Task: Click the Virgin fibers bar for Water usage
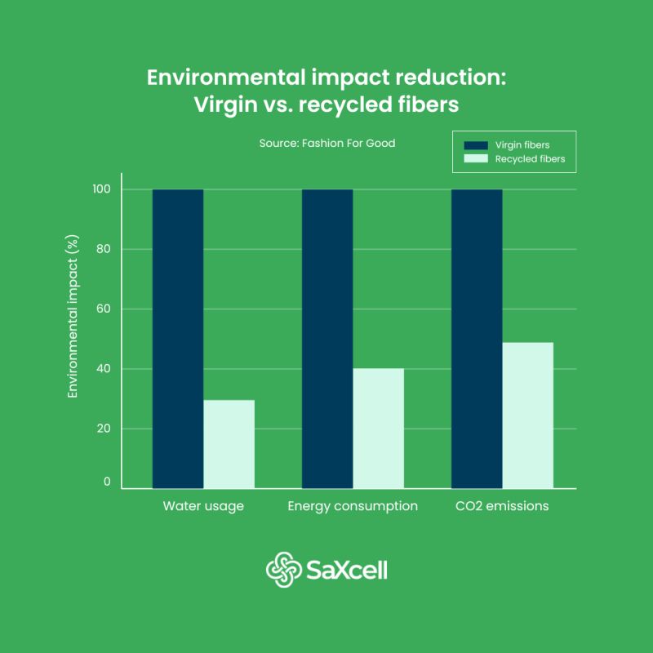click(178, 339)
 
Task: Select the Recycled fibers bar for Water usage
click(229, 444)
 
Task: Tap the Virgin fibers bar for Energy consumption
click(327, 339)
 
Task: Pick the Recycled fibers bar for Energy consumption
click(378, 429)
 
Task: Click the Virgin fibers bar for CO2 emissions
click(477, 339)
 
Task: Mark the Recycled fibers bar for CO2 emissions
click(527, 415)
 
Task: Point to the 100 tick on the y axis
click(102, 189)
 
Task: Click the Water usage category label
click(203, 506)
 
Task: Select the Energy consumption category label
click(353, 506)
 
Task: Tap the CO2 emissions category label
click(502, 506)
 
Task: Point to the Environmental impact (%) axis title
click(73, 317)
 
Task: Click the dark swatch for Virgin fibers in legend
click(475, 145)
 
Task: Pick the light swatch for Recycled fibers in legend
click(475, 159)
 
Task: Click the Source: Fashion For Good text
click(326, 143)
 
